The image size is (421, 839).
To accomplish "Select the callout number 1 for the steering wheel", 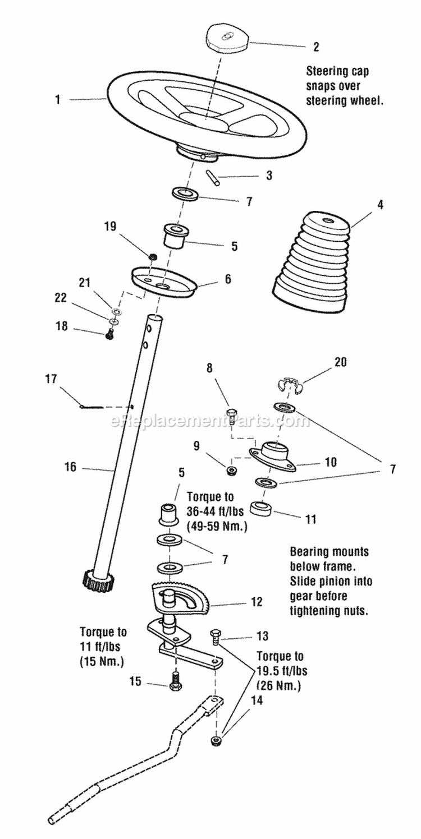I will point(57,99).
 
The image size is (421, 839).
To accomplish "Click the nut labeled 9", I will point(230,469).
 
